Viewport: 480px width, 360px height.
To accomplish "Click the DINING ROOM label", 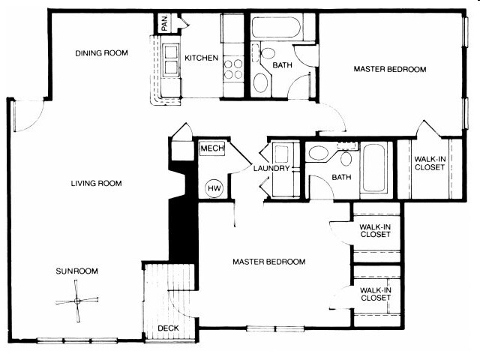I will point(101,53).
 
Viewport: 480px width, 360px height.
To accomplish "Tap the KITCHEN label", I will point(202,58).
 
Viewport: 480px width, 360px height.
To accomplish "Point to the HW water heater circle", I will point(213,187).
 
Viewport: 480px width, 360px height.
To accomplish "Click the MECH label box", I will point(208,149).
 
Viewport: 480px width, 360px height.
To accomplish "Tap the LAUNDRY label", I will point(271,169).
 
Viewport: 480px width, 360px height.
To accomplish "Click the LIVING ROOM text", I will point(96,184).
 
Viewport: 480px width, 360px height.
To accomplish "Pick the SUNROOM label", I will point(76,271).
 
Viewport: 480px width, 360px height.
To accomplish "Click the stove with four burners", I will point(234,69).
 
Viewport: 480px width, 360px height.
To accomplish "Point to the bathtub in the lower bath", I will point(374,169).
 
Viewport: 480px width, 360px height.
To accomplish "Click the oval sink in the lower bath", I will point(319,155).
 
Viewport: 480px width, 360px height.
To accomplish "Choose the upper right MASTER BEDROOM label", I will point(389,70).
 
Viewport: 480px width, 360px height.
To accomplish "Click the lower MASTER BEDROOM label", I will point(268,262).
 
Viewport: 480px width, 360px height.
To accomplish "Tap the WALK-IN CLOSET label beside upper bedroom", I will point(429,163).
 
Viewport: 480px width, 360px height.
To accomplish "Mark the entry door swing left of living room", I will point(28,115).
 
